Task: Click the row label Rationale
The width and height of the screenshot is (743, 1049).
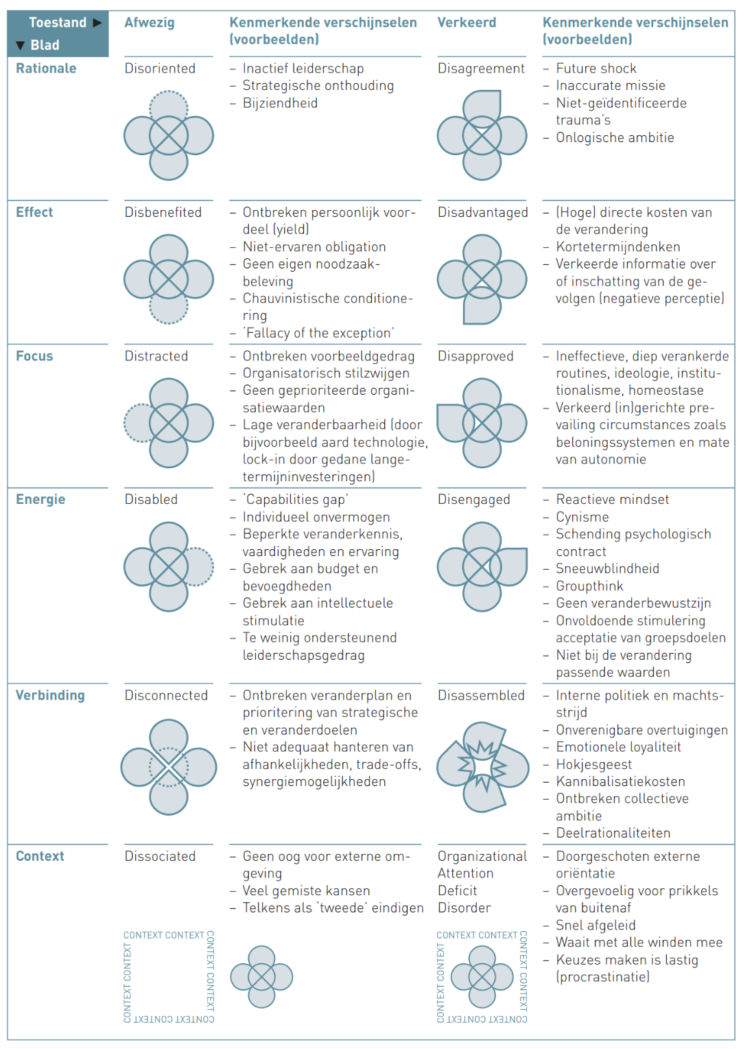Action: [46, 69]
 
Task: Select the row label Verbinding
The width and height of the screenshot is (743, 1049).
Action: [50, 695]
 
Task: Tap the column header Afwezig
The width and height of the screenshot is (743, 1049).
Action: [150, 23]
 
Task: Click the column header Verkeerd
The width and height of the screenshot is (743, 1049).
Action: [467, 23]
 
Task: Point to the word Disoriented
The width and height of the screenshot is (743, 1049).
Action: [160, 69]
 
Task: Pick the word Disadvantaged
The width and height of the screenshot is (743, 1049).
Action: [482, 213]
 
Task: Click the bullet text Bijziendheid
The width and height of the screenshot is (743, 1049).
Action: [280, 103]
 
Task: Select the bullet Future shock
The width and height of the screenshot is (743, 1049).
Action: [596, 69]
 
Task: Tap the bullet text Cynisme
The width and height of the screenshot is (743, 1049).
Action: [582, 517]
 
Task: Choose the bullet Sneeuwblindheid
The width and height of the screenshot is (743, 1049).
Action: [607, 568]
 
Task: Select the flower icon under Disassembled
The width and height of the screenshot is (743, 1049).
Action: [482, 767]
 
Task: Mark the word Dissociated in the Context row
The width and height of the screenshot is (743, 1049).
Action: [160, 856]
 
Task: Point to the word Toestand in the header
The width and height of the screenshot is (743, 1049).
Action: [58, 23]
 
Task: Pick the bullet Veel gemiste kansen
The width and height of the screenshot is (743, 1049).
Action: [306, 890]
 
